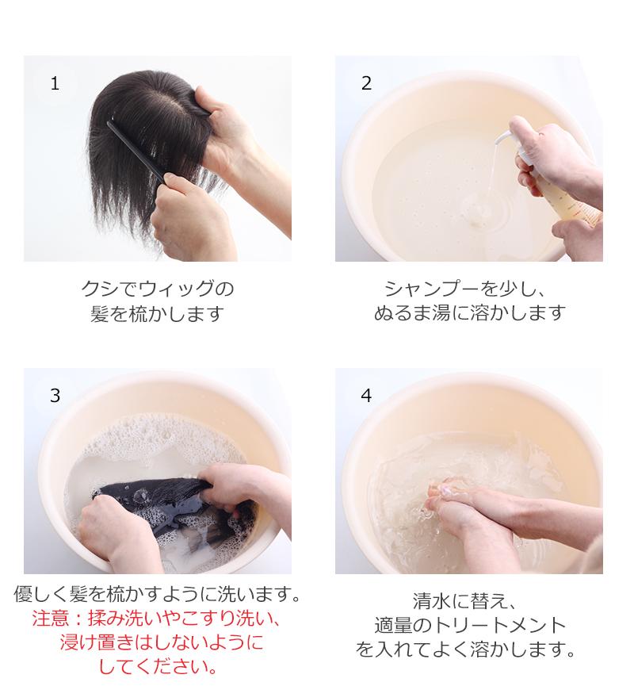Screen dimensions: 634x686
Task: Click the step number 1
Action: pos(55,83)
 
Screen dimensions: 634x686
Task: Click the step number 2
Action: pos(366,83)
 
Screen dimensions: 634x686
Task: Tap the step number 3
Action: pos(55,396)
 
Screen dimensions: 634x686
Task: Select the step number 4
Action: pos(366,396)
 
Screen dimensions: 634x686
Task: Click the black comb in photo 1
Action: pos(136,151)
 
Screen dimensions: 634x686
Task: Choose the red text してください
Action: pos(158,667)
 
